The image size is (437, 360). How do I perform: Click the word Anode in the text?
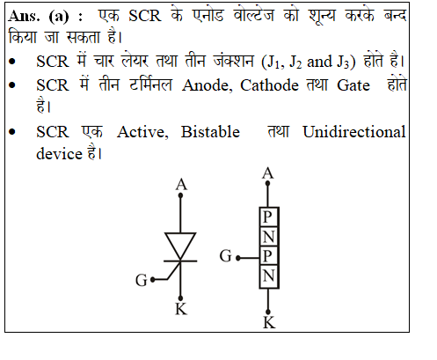tap(207, 85)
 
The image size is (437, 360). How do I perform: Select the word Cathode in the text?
tap(269, 85)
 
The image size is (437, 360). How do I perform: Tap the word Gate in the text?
tap(353, 85)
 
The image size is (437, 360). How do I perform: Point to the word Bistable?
tap(210, 132)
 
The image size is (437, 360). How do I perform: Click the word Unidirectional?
tap(354, 132)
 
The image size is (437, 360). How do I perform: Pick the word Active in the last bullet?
tap(142, 132)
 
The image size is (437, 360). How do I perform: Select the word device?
tap(60, 154)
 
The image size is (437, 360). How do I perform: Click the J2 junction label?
tap(295, 62)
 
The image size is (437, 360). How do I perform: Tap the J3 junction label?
tap(343, 62)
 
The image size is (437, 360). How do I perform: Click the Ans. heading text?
tap(24, 16)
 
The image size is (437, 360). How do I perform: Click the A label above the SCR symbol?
tap(181, 185)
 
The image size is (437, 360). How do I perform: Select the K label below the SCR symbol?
tap(181, 309)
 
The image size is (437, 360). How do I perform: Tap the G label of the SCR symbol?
tap(142, 280)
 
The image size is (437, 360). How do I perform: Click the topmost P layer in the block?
tap(267, 217)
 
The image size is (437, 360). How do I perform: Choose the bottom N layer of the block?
tap(269, 276)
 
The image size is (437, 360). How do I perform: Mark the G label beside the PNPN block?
tap(225, 255)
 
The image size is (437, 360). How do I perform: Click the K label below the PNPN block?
tap(269, 323)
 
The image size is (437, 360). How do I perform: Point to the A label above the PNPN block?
tap(268, 173)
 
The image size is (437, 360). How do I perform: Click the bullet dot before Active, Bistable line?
tap(12, 132)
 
